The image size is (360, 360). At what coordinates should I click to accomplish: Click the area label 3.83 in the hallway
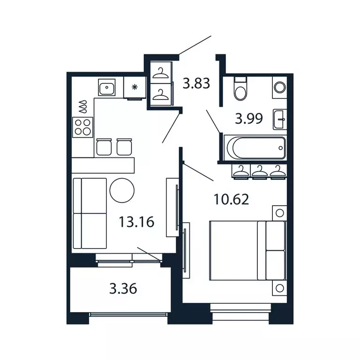196,84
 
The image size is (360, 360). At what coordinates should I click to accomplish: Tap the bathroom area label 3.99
249,119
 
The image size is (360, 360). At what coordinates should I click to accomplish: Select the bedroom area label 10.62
231,200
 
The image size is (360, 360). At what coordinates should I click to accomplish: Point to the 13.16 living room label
136,222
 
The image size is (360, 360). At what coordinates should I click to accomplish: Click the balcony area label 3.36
123,289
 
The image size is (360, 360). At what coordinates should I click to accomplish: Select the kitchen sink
106,87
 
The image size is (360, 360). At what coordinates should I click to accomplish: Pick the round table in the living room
122,190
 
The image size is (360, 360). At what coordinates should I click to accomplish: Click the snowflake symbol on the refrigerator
135,87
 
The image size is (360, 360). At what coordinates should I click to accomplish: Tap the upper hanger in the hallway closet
161,73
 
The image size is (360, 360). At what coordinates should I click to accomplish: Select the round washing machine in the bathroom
279,87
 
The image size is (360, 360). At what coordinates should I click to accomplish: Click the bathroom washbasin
280,119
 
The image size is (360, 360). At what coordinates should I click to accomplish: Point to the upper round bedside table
280,213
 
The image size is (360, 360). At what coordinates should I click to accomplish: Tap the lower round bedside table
280,288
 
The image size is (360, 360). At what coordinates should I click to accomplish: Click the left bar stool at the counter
104,146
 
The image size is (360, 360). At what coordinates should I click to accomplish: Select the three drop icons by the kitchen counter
83,107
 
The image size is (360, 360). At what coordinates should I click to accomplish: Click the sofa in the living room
90,213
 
